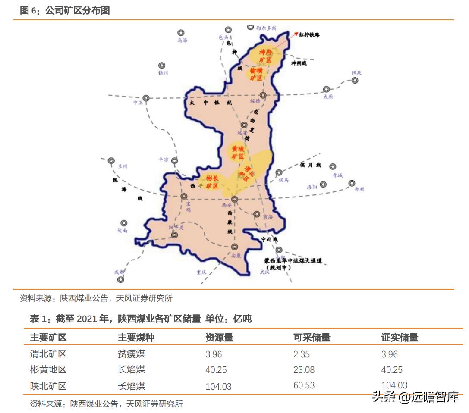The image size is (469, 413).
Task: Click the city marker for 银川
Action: (162, 65)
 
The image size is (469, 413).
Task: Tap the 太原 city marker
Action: (327, 90)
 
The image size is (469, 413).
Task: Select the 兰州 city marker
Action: (111, 160)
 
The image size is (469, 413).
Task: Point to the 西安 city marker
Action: (234, 199)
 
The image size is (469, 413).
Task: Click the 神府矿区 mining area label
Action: (265, 56)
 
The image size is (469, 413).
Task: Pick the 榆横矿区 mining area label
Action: (256, 74)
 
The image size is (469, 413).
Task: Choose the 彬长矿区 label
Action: (212, 182)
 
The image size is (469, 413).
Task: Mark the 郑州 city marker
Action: (352, 183)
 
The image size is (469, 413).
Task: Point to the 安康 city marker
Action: (234, 247)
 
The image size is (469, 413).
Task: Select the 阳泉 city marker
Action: (355, 80)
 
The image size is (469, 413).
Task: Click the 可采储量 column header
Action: (312, 338)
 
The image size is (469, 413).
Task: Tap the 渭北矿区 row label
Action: (48, 354)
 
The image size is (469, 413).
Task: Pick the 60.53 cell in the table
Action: (304, 385)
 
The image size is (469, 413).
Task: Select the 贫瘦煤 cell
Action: (131, 354)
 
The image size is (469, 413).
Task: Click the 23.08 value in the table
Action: (304, 370)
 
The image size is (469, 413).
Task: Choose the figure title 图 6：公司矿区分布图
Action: (65, 11)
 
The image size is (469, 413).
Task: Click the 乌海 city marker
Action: (181, 33)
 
